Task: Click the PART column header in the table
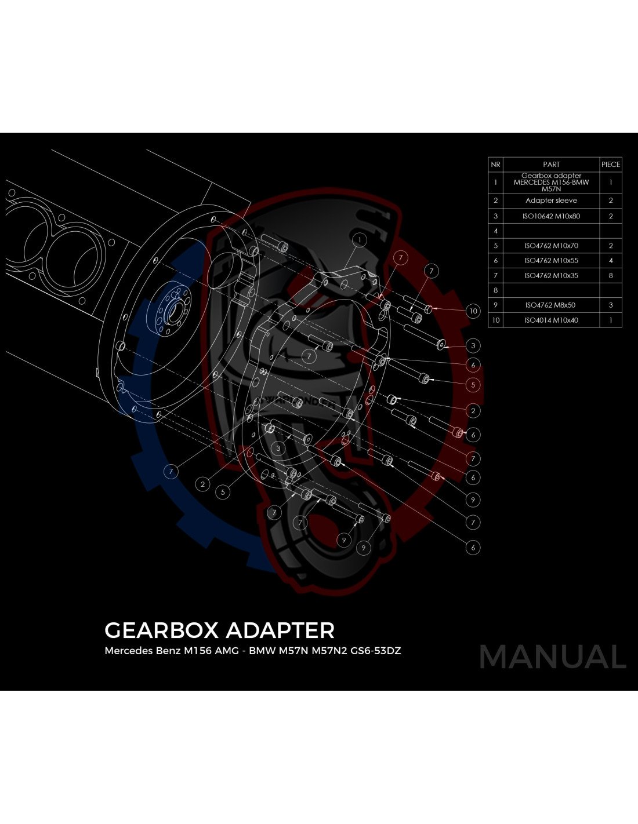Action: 551,164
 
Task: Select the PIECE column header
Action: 611,164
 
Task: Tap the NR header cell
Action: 495,164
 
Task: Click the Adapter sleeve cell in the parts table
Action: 551,200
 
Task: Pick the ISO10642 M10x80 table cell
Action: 551,216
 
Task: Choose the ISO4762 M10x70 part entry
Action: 551,246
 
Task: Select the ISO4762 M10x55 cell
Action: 551,261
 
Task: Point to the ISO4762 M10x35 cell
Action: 551,276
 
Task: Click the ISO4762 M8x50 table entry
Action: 550,305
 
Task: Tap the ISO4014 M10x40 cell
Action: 551,320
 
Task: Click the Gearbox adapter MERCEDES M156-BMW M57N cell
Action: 551,183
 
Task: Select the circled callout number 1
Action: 360,240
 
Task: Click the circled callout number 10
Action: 473,311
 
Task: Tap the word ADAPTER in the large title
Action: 280,630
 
